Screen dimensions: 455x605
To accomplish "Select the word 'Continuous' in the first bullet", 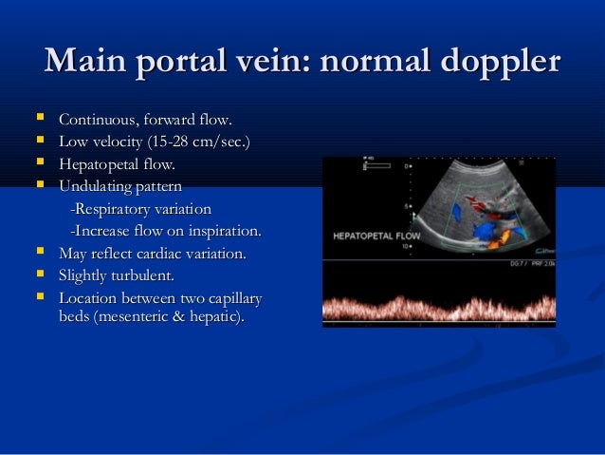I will pos(97,120).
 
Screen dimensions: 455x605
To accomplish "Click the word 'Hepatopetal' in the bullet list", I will pos(99,164).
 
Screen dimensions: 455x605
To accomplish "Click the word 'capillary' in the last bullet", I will pos(231,298).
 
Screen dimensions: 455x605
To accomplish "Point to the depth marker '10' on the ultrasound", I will pos(406,245).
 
